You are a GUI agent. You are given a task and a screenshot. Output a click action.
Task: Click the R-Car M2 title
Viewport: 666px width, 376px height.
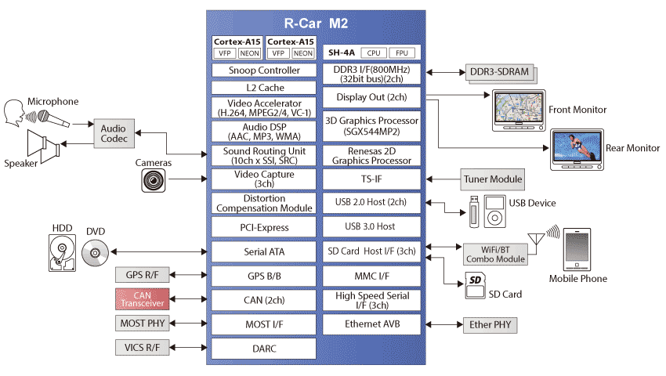316,23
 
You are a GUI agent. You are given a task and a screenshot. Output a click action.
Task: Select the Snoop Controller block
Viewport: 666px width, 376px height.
264,70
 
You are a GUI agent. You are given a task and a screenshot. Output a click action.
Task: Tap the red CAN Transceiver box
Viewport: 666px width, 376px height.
143,299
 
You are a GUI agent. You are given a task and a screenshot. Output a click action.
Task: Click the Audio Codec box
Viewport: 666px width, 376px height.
114,133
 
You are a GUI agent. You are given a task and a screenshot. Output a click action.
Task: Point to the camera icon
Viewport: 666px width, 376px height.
154,181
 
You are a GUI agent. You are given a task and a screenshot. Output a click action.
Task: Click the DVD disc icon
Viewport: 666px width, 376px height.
95,253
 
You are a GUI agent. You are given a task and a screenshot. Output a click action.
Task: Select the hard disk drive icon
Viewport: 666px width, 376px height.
63,253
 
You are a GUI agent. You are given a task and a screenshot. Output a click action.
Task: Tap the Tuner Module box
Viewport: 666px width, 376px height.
493,179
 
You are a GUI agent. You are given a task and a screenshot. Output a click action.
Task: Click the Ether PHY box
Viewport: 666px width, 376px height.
490,324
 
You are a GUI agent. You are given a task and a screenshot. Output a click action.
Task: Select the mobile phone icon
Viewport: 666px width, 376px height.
577,249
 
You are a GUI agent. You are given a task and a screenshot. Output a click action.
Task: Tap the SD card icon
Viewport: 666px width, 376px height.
476,285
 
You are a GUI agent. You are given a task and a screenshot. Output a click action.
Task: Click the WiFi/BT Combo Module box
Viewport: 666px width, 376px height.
495,254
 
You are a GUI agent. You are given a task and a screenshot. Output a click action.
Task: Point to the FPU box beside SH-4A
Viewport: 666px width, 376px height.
402,53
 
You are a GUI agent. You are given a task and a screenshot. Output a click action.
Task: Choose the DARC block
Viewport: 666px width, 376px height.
264,349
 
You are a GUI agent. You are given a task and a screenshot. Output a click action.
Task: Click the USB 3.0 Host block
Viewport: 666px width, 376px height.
371,226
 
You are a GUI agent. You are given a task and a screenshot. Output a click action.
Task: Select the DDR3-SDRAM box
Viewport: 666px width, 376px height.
500,72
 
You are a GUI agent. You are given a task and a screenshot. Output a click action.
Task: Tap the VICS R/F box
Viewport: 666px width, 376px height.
143,348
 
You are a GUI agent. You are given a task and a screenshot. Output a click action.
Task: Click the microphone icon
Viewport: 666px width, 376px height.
53,118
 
